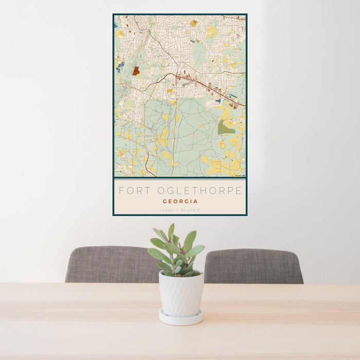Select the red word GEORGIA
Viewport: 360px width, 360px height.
(180, 202)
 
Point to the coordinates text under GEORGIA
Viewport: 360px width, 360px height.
(180, 210)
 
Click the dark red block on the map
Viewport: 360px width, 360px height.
(136, 71)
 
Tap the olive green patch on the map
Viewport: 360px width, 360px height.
(225, 128)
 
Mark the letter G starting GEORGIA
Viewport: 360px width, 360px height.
(165, 202)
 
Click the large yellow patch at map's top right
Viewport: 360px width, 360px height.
(211, 31)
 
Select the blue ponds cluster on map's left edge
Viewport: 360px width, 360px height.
(120, 66)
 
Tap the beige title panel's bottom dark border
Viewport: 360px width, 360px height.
(180, 214)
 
